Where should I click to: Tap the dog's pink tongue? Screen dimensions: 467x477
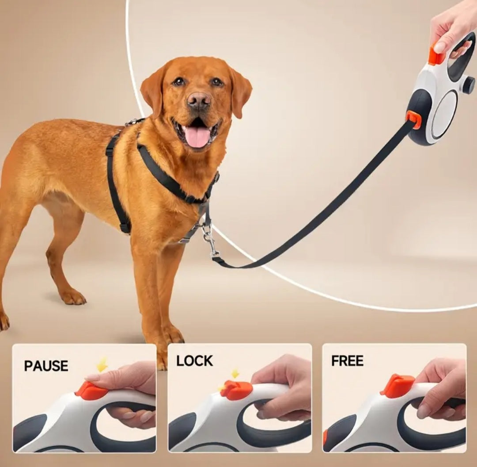point(197,137)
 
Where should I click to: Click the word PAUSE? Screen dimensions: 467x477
point(46,366)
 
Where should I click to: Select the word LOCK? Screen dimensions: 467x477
point(194,361)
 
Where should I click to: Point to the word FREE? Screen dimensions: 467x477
point(347,361)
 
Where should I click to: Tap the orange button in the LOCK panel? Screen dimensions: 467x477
point(236,390)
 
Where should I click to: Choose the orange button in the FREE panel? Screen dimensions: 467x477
point(397,386)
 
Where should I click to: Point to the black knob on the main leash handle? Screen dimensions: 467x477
point(468,85)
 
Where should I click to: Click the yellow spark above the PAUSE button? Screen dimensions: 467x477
point(102,364)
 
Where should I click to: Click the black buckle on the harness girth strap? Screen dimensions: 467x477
point(125,227)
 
